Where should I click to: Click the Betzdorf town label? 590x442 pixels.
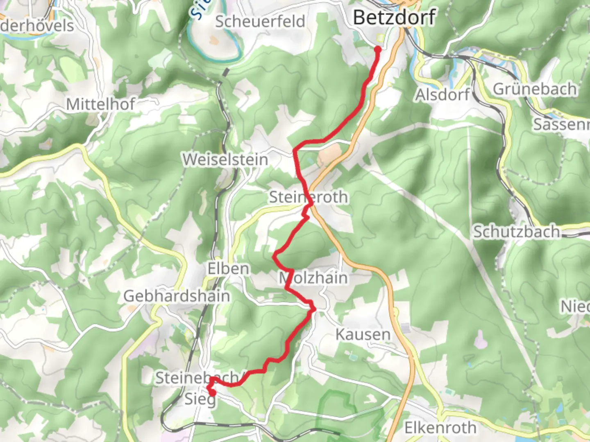394,18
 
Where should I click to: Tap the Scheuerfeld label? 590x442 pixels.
260,21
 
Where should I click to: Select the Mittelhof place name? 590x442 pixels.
100,104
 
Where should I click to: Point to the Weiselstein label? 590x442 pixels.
225,160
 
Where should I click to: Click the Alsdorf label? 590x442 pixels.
442,95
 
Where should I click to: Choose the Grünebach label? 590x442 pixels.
535,89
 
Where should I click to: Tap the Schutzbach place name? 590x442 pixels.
517,232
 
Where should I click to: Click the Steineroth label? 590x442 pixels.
309,197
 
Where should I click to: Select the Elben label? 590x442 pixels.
228,269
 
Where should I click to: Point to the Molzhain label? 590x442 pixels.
313,278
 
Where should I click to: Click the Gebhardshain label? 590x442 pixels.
177,296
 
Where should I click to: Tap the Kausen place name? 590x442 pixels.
363,334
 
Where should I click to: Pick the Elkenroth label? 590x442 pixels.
440,428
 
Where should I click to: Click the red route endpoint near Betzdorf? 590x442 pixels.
378,50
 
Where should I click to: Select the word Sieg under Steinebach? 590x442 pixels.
200,398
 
